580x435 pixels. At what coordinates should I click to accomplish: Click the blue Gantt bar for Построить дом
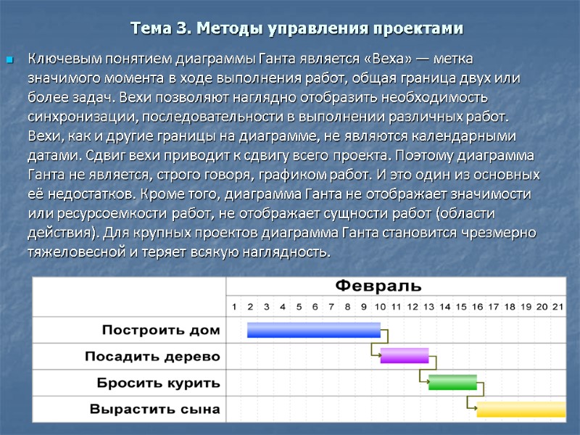click(x=313, y=330)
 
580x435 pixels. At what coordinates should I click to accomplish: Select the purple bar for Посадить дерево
click(x=405, y=356)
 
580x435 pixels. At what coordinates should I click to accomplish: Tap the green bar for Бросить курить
click(x=452, y=382)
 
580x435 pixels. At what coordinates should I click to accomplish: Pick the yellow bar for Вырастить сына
click(x=520, y=409)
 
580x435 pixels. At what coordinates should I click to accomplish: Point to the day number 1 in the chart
click(x=233, y=307)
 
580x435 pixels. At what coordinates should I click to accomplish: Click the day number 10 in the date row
click(x=381, y=307)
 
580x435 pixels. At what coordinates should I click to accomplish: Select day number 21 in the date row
click(x=558, y=307)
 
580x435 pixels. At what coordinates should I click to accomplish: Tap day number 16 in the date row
click(x=477, y=307)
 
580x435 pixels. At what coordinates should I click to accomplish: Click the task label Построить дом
click(x=161, y=330)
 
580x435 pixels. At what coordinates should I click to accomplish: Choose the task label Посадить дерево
click(x=152, y=357)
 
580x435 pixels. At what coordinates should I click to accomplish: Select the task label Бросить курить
click(x=159, y=383)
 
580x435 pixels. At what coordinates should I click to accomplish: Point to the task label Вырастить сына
click(x=154, y=410)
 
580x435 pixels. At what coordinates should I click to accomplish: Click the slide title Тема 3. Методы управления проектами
click(x=296, y=29)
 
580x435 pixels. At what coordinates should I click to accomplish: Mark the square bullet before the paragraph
click(x=10, y=59)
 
